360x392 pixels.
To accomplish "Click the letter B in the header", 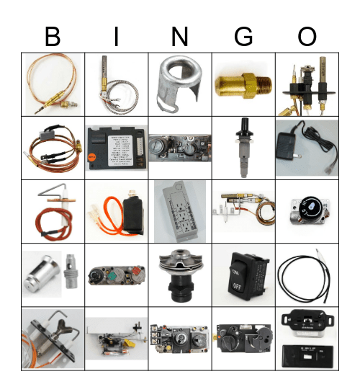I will click(x=53, y=37).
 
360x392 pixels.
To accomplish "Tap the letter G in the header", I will click(x=243, y=37).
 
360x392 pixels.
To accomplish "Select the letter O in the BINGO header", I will click(x=307, y=37).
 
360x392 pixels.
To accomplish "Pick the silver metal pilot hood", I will click(x=179, y=83).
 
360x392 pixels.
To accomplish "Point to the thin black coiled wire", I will click(x=306, y=277).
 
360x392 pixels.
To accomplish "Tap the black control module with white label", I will click(x=116, y=147).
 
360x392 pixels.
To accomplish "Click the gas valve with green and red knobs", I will click(x=115, y=277).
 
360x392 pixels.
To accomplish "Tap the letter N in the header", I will click(x=179, y=37).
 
